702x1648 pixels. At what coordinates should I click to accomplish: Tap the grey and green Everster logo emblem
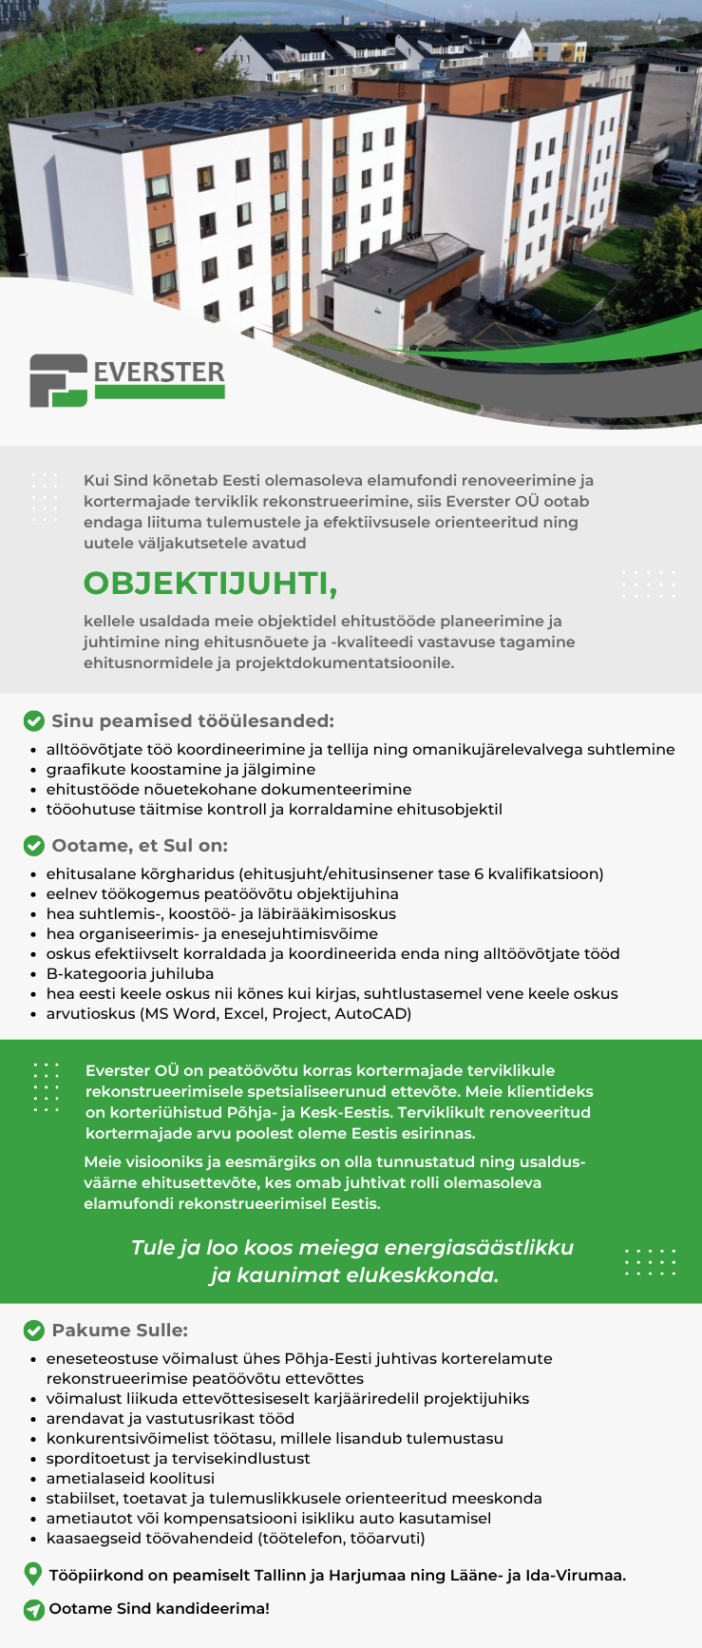click(x=58, y=380)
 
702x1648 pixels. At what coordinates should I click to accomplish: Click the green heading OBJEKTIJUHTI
click(x=210, y=583)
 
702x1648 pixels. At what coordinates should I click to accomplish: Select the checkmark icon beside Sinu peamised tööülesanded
click(x=34, y=721)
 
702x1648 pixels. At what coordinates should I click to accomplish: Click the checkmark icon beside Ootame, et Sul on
click(x=34, y=846)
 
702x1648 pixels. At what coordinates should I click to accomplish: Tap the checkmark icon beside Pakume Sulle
click(x=34, y=1331)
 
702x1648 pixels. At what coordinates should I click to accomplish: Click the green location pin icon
click(x=33, y=1574)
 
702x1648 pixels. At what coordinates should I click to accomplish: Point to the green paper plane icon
click(x=34, y=1609)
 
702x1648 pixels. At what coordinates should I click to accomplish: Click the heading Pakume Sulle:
click(x=120, y=1331)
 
